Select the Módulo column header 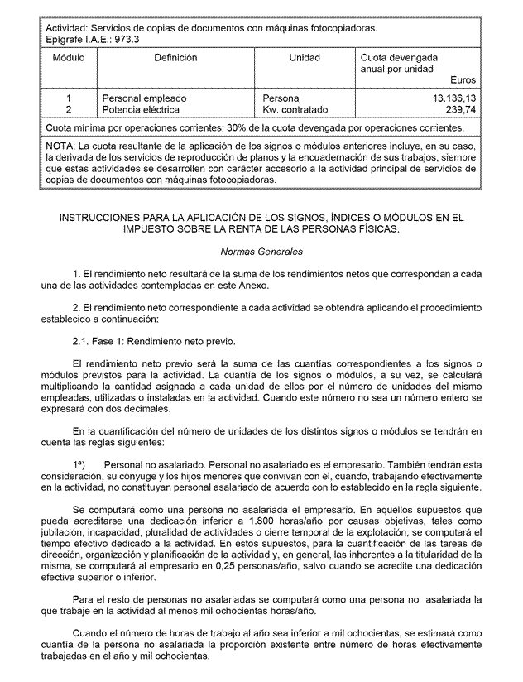pos(69,59)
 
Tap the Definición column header pos(175,59)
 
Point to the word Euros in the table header pos(463,80)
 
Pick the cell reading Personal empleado pos(144,98)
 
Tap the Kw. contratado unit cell pos(295,109)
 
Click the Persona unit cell pos(281,98)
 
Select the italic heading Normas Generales pos(261,251)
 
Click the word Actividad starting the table pos(65,27)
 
